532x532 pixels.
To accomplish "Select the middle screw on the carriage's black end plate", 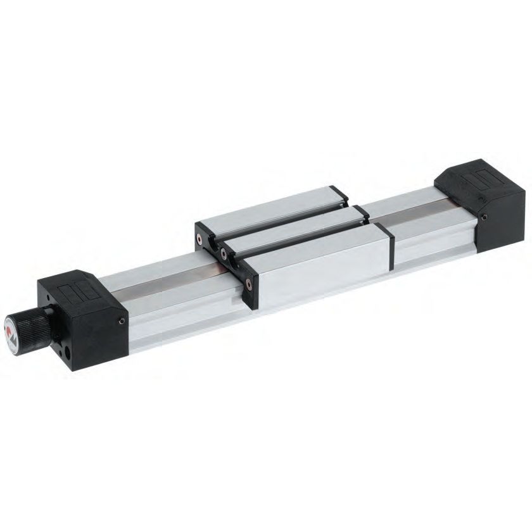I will (x=224, y=253).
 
